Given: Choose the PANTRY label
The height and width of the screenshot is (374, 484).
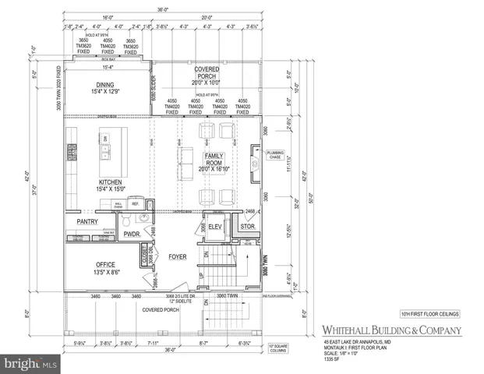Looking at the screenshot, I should click(x=88, y=221).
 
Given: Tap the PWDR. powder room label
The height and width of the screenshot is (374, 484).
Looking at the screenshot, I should click(x=131, y=233).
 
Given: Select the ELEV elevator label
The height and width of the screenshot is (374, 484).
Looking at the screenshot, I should click(x=217, y=227).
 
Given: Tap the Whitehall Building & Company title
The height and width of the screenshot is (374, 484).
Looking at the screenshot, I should click(x=391, y=330).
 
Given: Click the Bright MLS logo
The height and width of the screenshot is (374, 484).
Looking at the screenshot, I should click(x=30, y=363).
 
